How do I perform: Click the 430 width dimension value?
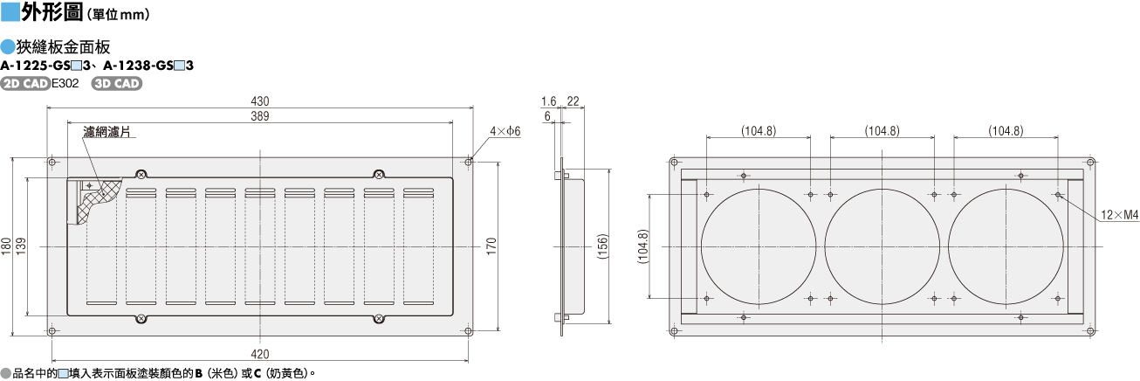click(259, 101)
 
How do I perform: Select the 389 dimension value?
click(259, 116)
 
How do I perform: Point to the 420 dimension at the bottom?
click(259, 354)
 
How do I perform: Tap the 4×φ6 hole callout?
click(505, 131)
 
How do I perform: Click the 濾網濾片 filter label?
click(106, 132)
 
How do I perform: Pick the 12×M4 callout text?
click(1120, 215)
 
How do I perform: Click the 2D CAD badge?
click(25, 84)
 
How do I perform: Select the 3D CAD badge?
click(117, 84)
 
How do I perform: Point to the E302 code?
click(65, 84)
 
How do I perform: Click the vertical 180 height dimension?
click(6, 246)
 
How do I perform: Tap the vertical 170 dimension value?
click(491, 246)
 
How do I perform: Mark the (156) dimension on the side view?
click(602, 246)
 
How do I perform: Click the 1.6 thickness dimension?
click(548, 101)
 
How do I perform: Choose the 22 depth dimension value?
click(573, 101)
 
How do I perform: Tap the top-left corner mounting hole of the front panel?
click(52, 163)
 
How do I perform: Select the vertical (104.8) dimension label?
click(643, 246)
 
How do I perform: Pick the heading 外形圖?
click(52, 12)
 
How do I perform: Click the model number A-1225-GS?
click(36, 66)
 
